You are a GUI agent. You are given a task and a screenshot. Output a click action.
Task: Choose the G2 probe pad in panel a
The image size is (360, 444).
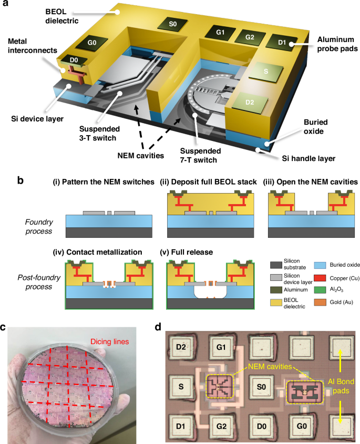[x=249, y=38]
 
